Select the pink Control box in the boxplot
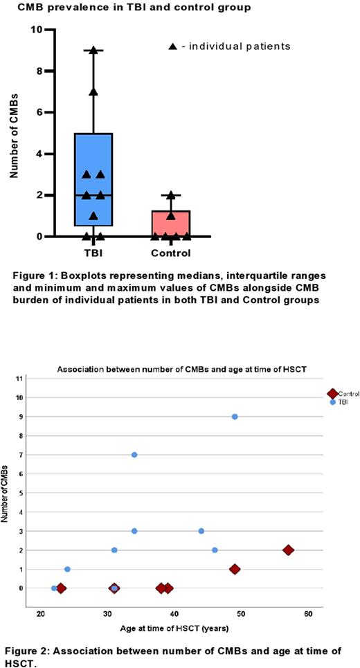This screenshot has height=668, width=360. [x=170, y=224]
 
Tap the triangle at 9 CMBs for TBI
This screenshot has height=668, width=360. [x=93, y=51]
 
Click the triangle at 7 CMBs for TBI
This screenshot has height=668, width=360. [x=93, y=91]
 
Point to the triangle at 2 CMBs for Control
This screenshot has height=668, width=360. [x=170, y=196]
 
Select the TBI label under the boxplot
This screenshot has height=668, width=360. [x=93, y=253]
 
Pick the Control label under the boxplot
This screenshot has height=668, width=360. [x=170, y=253]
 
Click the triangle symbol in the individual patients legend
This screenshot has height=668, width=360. [x=173, y=46]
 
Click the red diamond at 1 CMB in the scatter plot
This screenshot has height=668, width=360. [x=235, y=569]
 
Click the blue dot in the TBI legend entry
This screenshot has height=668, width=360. [x=334, y=401]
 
